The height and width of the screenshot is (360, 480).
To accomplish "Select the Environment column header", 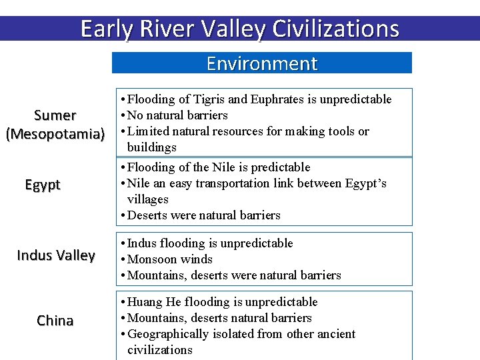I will click(262, 63).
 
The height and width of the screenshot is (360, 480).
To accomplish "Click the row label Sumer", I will click(55, 115).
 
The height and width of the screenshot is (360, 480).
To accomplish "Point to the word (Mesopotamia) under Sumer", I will click(55, 133).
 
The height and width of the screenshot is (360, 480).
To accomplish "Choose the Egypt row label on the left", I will click(43, 185).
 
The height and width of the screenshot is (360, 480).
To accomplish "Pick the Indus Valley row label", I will click(56, 255).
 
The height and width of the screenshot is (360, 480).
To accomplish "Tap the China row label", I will click(55, 321).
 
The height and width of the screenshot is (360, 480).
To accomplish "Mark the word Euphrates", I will click(277, 99).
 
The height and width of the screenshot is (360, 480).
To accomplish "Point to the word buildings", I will click(151, 147).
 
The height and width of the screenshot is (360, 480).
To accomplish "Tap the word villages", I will click(147, 199).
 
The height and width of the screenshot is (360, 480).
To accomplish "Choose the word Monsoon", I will click(151, 259).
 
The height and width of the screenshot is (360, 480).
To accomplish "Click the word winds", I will click(197, 259).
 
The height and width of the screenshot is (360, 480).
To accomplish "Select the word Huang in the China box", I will click(144, 302).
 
